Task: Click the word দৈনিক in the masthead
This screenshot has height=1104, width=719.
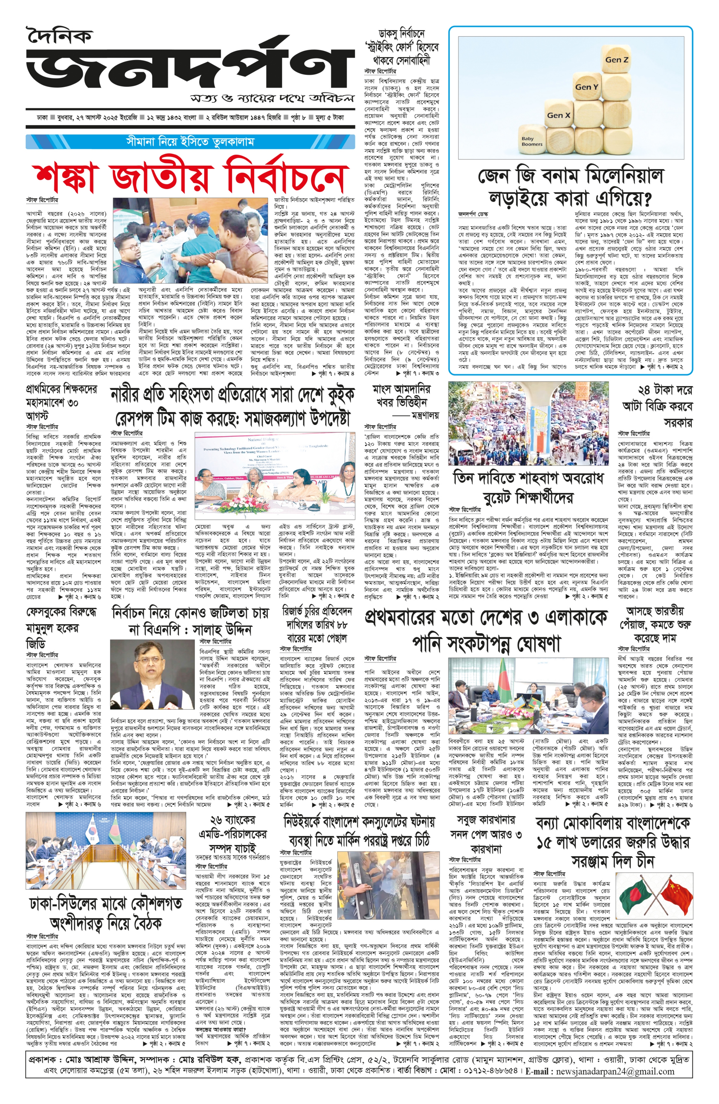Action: click(x=59, y=36)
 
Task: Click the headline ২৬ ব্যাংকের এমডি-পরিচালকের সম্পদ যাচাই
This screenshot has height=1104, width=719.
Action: click(x=232, y=834)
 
